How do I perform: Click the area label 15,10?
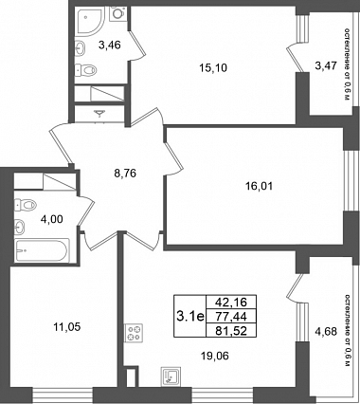[213, 68]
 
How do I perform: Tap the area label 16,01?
[259, 186]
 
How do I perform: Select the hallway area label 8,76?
[125, 174]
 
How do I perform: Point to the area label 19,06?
[215, 357]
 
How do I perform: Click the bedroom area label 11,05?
[66, 327]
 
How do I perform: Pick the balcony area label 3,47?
[326, 66]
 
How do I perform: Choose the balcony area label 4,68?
[326, 332]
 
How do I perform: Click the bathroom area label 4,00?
[52, 219]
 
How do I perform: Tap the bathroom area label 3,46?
[110, 46]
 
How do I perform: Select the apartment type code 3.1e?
[190, 316]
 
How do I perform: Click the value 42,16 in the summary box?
[231, 303]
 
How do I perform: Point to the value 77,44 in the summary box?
[231, 316]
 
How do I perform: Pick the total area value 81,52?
[231, 331]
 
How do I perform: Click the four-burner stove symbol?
[134, 333]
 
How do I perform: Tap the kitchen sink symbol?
[171, 376]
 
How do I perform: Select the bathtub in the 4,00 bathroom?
[42, 250]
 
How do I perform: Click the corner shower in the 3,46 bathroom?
[89, 22]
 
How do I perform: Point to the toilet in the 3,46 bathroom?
[85, 70]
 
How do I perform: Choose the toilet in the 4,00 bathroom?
[26, 205]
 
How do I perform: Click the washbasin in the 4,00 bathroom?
[20, 227]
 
